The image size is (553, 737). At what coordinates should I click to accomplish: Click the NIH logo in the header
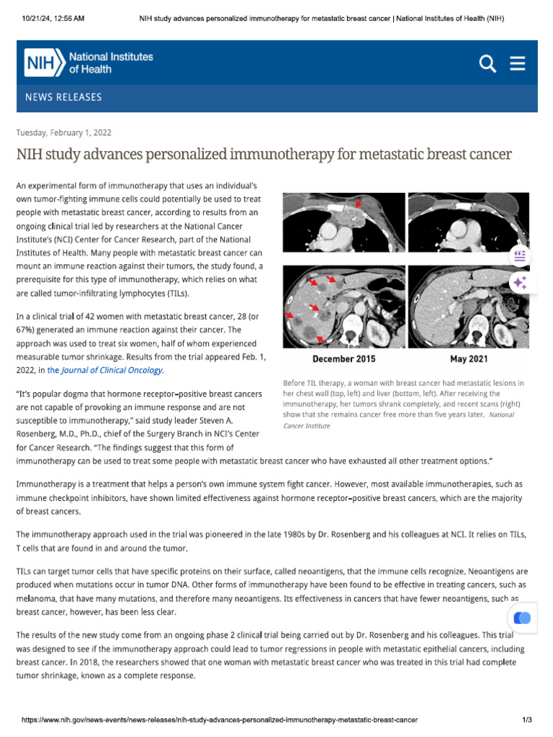point(89,63)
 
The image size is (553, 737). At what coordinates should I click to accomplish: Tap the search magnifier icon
point(487,64)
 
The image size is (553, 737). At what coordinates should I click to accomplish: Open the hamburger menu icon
point(517,64)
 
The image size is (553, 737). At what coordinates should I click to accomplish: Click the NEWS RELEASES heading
point(63,97)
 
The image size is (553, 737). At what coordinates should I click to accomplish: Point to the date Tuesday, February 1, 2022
point(64,132)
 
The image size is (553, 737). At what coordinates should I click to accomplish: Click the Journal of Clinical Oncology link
point(112,370)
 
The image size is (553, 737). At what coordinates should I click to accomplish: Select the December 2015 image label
point(343,359)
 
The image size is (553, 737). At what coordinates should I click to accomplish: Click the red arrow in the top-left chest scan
point(359,205)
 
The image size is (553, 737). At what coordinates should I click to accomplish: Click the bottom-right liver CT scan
point(468,306)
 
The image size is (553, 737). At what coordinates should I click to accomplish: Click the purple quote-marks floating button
point(520,256)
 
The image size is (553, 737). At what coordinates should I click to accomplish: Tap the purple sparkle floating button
point(520,284)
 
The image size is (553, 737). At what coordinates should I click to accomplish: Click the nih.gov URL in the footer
point(219,720)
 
